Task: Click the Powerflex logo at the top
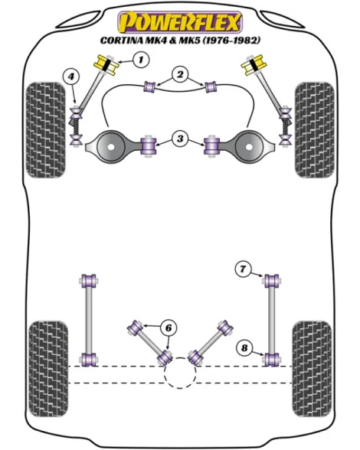180,22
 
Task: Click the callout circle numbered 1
141,60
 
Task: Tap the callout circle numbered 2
180,75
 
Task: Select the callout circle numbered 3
180,139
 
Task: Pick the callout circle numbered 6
169,328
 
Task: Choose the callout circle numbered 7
243,269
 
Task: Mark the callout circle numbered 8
244,348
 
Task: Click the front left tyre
46,130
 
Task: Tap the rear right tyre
312,370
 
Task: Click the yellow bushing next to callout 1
106,65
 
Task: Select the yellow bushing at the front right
254,65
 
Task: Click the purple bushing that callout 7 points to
271,281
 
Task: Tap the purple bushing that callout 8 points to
271,360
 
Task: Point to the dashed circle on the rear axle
180,373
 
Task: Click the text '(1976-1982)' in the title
231,40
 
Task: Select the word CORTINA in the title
122,41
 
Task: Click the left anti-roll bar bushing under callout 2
149,86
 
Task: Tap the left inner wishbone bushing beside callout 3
149,145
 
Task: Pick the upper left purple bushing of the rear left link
89,281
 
